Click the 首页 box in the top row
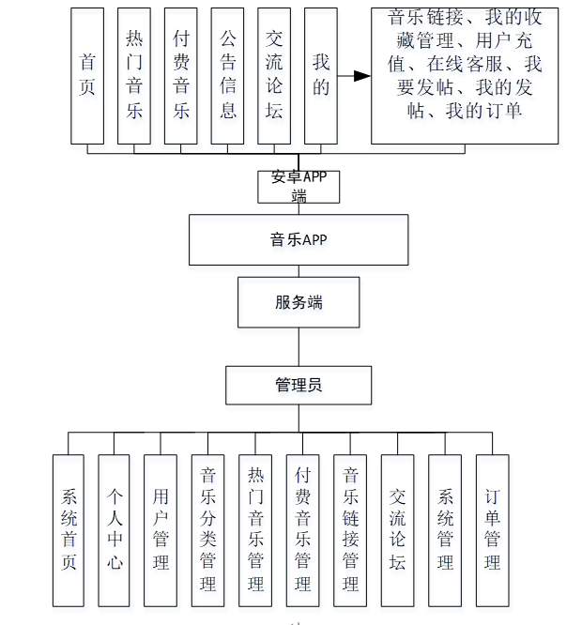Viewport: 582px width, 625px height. coord(88,76)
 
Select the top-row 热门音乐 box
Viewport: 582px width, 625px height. coord(134,76)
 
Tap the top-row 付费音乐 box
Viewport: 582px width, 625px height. coord(181,76)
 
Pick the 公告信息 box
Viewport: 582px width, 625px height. coord(227,76)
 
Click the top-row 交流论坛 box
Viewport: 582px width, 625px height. coord(274,76)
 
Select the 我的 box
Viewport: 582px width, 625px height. coord(321,76)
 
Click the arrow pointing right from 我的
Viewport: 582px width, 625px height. coord(354,76)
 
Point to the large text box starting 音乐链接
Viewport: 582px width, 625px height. coord(465,76)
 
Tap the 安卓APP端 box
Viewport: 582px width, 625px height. coord(299,187)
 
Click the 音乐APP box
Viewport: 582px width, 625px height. coord(299,240)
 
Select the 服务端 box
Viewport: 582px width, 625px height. coord(299,302)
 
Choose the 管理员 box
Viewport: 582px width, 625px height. coord(299,385)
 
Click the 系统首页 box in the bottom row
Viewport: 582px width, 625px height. coord(69,530)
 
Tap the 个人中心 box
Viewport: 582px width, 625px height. coord(114,530)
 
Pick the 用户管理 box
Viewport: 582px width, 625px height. coord(161,530)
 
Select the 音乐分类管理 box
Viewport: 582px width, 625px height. coord(207,530)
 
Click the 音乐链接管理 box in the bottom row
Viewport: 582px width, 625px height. coord(350,530)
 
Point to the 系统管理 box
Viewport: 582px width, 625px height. coord(445,530)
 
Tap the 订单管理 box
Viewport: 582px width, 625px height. coord(492,530)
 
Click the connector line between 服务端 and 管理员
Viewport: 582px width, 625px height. coord(299,347)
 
